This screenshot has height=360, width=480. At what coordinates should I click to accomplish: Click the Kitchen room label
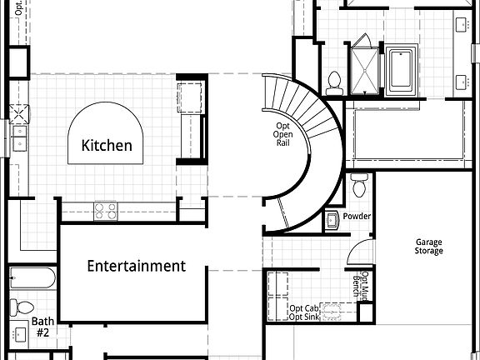coord(107,146)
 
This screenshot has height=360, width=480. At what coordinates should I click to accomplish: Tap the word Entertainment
coord(136,267)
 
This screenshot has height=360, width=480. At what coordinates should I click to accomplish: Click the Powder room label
coord(356,217)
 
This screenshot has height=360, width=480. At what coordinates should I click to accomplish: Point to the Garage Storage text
coord(429,247)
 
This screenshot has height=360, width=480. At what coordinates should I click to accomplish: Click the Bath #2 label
coord(42,327)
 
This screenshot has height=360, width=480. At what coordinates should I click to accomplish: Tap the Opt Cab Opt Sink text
coord(304,312)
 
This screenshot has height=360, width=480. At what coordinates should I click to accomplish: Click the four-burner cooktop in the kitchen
coord(105,210)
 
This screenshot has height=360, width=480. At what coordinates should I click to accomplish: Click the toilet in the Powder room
coord(359,183)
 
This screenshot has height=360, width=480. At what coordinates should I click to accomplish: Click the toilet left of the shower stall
coord(335,82)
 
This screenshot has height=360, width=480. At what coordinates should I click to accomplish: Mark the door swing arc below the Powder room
coord(357,250)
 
